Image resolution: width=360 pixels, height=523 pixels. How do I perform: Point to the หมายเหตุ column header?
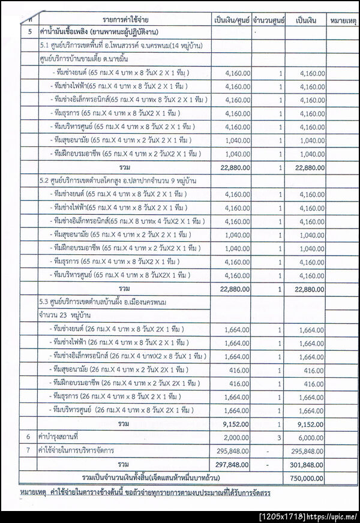point(344,20)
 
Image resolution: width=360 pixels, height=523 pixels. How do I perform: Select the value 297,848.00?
point(232,464)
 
